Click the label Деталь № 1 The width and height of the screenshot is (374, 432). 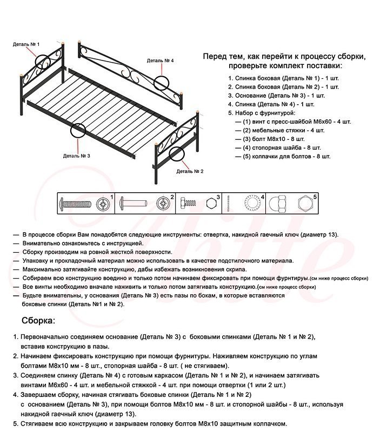tap(26, 44)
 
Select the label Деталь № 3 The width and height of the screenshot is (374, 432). tap(76, 156)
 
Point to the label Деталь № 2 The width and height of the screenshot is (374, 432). tap(190, 171)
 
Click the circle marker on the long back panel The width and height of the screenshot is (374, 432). tap(161, 82)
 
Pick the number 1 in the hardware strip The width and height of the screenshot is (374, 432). tap(111, 197)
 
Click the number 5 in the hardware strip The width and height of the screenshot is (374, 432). tap(315, 197)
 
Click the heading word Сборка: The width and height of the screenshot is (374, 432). tap(38, 320)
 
